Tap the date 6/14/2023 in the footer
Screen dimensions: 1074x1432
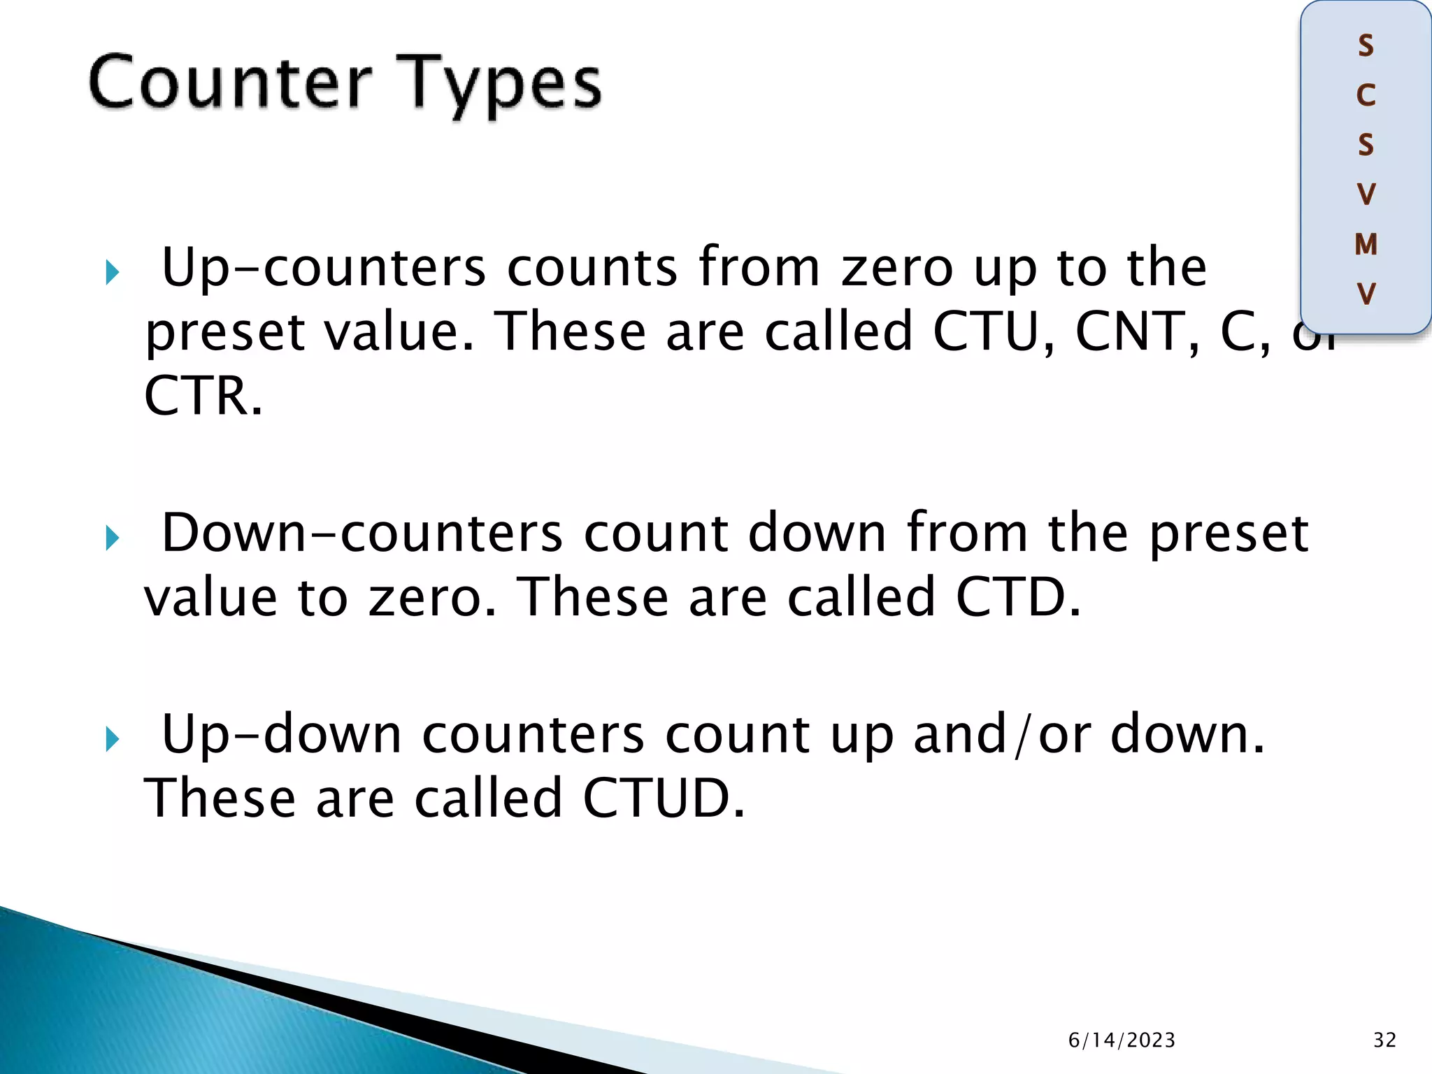tap(1122, 1040)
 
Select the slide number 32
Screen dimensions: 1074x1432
tap(1384, 1040)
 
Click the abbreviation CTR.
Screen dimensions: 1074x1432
tap(203, 396)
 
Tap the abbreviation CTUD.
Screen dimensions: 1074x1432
tap(663, 798)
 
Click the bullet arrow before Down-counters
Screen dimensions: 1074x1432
tap(113, 538)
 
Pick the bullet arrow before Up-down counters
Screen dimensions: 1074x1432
tap(113, 739)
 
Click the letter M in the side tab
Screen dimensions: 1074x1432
tap(1366, 244)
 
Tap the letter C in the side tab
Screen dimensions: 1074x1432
tap(1366, 96)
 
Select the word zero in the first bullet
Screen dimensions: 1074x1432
tap(897, 268)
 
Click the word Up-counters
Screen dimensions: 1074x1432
tap(323, 268)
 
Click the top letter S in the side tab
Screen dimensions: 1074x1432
tap(1366, 46)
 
